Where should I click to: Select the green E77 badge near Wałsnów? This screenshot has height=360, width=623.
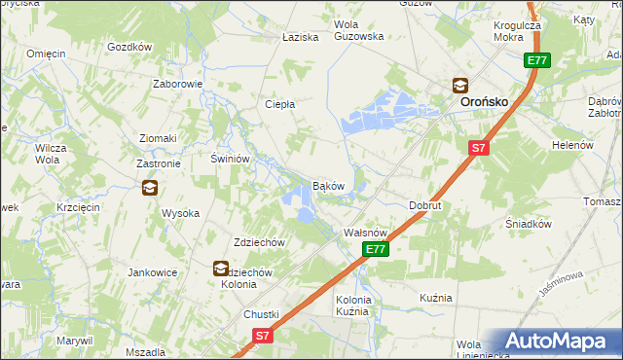tap(378, 250)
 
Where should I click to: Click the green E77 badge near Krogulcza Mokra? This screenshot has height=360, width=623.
tap(537, 60)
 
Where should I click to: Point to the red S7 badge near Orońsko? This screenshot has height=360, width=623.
tap(477, 148)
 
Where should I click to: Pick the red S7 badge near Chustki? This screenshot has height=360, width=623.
tap(261, 335)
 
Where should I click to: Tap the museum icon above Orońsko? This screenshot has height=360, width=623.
tap(458, 86)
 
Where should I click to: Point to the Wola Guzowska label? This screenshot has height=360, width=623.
tap(358, 30)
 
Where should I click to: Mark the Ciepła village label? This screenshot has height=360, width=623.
tap(280, 104)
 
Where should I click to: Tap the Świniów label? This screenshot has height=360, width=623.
tap(232, 158)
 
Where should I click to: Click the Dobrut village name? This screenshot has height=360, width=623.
tap(425, 206)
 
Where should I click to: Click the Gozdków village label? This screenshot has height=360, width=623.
tap(130, 46)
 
